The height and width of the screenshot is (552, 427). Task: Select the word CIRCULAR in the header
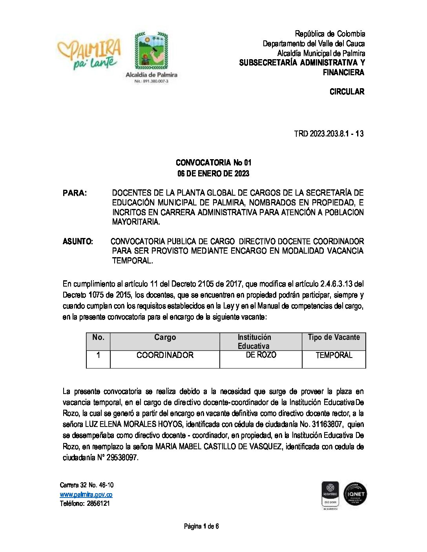347,92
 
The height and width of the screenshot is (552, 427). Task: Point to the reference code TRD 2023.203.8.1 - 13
328,134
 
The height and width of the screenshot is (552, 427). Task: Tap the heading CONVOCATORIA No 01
213,163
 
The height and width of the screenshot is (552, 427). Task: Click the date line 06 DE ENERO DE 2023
213,174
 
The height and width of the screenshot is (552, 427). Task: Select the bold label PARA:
75,193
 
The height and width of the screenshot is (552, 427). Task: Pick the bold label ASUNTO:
78,241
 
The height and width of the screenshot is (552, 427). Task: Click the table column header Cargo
165,338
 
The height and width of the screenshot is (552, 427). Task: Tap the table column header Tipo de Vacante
334,338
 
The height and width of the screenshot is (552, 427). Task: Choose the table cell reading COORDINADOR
165,355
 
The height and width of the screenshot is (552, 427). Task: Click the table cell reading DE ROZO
261,355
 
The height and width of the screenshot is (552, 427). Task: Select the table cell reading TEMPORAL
334,355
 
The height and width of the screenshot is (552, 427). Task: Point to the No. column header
98,338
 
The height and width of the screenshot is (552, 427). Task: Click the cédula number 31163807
326,425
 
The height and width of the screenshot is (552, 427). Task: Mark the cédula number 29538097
122,458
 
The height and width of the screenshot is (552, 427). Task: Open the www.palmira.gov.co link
86,495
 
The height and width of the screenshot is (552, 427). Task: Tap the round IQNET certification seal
355,494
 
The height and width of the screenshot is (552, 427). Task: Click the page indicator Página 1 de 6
201,527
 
